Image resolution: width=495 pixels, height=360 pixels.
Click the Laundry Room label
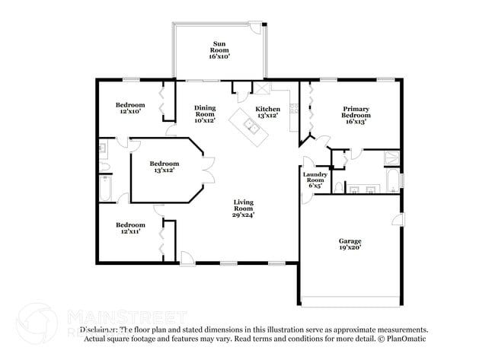click(315, 180)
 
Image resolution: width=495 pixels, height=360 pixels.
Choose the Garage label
click(350, 244)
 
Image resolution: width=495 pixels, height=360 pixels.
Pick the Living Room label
click(243, 208)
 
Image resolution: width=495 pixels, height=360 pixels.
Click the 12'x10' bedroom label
click(130, 108)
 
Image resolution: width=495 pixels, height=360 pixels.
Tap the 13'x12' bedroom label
click(164, 167)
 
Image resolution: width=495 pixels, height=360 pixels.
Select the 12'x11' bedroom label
click(130, 228)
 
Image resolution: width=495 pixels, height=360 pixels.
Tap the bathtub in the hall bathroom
click(105, 189)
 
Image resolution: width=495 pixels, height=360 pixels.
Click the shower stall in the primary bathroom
click(391, 158)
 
